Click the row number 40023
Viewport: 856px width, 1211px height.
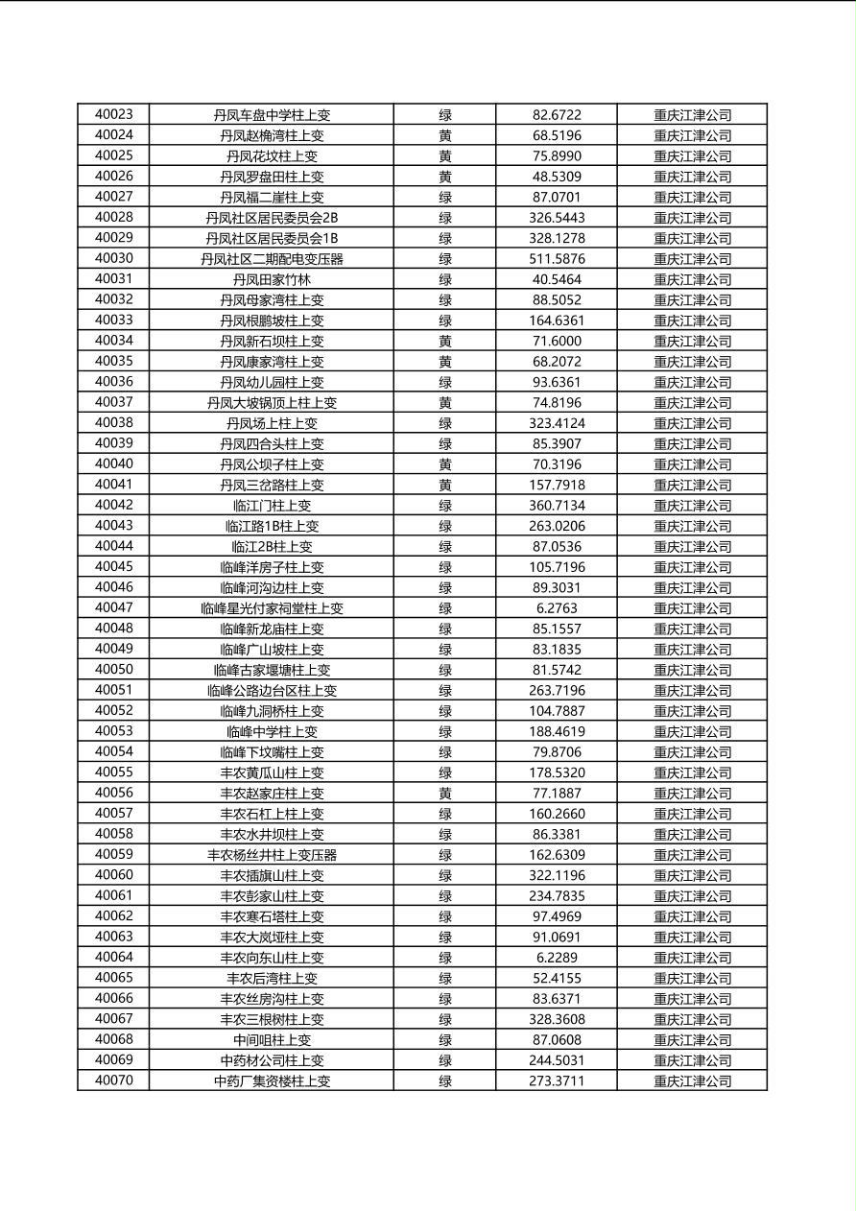point(114,114)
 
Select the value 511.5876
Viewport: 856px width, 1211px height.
point(557,258)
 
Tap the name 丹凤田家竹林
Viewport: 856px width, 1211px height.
point(272,279)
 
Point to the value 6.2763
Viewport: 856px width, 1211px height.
point(557,607)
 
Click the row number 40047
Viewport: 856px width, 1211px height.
point(114,607)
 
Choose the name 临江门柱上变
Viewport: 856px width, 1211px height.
point(272,505)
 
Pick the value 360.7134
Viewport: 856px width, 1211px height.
point(557,505)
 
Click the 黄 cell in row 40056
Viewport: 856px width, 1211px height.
point(445,793)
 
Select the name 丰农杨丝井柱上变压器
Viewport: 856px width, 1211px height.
point(272,854)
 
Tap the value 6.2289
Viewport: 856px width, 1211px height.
point(557,957)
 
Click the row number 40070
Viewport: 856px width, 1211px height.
point(114,1080)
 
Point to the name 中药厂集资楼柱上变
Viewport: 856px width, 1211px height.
point(272,1080)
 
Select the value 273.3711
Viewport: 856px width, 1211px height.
point(557,1080)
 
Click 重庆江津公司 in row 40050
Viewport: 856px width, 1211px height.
point(692,670)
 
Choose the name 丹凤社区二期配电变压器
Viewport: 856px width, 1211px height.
point(272,258)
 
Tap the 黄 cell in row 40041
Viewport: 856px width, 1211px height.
point(445,485)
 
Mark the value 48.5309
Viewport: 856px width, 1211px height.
point(557,177)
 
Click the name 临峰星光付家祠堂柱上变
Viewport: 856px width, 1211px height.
point(272,607)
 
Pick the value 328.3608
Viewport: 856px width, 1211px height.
point(557,1019)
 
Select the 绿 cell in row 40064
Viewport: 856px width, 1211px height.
point(445,957)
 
